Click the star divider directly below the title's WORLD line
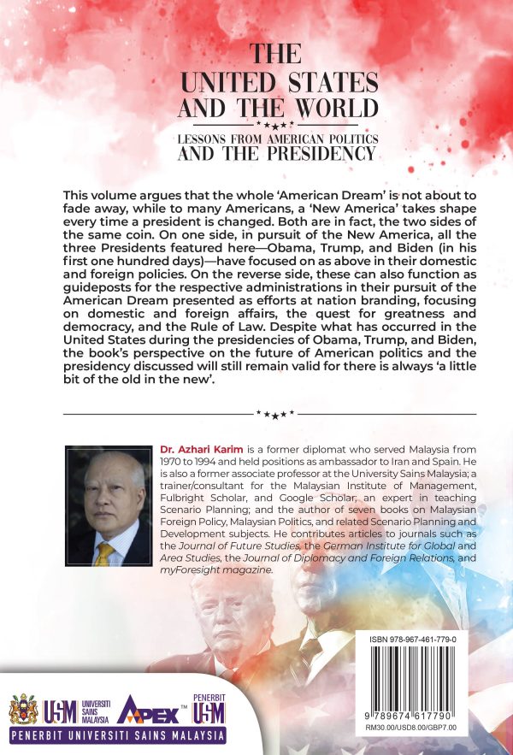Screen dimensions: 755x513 pos(275,125)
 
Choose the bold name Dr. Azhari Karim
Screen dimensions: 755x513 pos(197,449)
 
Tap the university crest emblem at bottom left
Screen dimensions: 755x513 pos(22,709)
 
